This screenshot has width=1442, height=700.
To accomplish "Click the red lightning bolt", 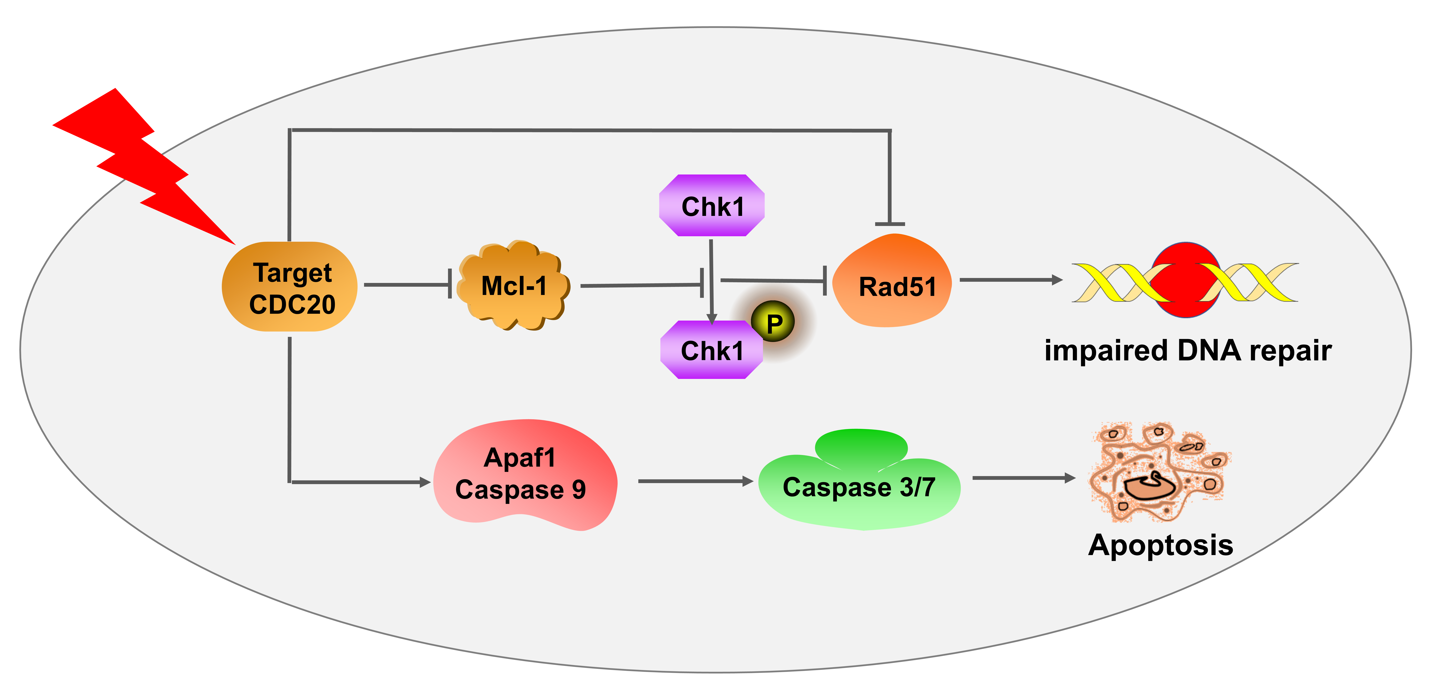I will (x=146, y=168).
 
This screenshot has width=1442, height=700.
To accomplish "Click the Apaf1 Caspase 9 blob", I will (x=523, y=475).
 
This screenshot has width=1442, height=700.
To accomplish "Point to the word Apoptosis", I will (x=1160, y=545).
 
